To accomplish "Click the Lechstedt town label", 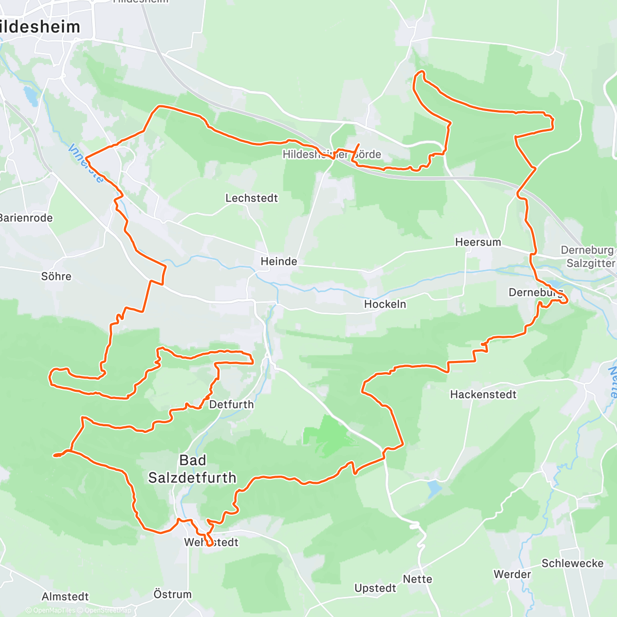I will pos(251,198).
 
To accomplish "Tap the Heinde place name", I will pos(279,261).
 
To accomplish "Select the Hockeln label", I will pos(385,304).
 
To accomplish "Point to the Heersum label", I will pos(478,242).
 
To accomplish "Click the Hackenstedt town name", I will pos(483,394).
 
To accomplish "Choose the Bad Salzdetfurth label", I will pos(192,469).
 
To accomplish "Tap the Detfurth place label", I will pos(231,404).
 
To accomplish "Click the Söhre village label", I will pos(56,276).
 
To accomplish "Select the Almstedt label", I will pos(65,596).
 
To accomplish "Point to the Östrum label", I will pos(172,594).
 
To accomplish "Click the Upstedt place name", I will pos(375,588).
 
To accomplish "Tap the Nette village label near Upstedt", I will pos(418,579).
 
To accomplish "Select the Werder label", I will pos(512,574).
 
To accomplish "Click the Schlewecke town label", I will pos(572,563).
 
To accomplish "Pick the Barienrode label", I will pos(26,217).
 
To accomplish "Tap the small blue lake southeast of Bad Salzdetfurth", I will pos(433,488).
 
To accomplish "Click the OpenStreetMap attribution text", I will pos(107,610).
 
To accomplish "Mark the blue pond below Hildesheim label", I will pos(30,96).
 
